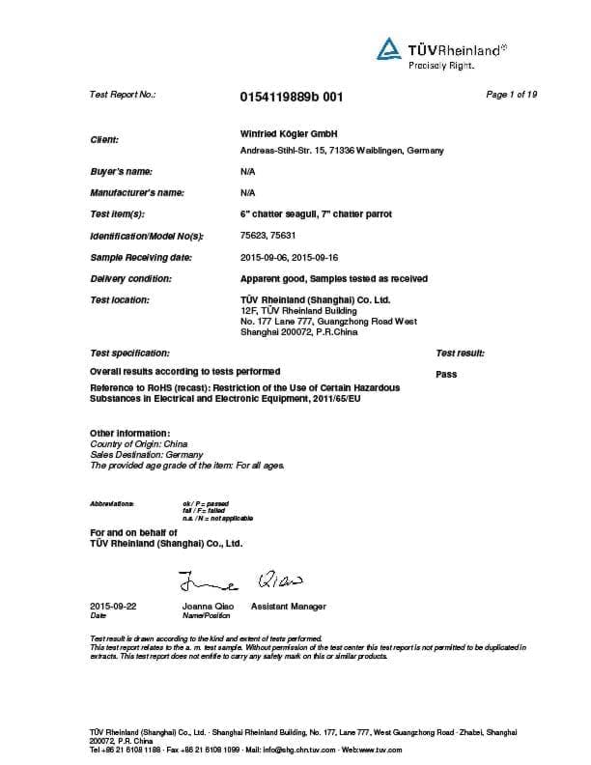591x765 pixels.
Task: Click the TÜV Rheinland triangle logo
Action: point(387,48)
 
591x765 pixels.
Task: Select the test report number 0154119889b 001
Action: point(290,97)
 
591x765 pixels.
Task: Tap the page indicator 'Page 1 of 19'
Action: point(511,94)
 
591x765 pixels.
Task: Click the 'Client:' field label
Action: point(104,140)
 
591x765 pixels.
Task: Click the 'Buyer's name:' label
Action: point(121,170)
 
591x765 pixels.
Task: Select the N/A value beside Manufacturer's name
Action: point(246,192)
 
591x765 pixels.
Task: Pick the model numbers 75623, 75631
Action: point(268,236)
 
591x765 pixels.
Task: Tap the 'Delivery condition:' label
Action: point(130,278)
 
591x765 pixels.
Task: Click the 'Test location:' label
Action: point(120,299)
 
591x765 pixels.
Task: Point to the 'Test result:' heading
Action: point(461,354)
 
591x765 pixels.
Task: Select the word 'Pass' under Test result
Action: point(446,374)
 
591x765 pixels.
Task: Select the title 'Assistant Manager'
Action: point(288,607)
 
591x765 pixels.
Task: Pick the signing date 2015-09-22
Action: point(113,606)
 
